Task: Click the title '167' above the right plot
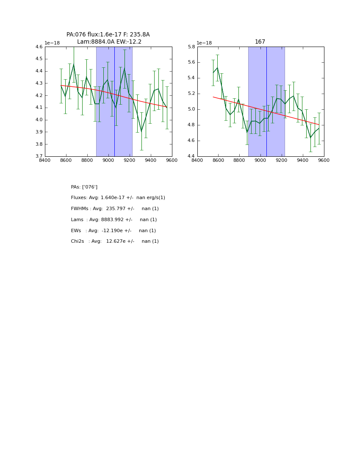click(260, 42)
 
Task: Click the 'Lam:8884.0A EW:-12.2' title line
click(109, 42)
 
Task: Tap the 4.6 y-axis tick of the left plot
click(39, 47)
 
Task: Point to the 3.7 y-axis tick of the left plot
click(39, 156)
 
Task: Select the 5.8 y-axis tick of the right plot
click(191, 47)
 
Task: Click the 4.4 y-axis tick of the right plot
click(191, 156)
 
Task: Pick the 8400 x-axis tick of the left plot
click(45, 160)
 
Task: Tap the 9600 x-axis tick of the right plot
click(324, 160)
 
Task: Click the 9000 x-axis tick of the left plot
click(108, 160)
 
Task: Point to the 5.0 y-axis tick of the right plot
click(191, 109)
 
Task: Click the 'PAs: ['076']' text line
click(84, 187)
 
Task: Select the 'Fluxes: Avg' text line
click(118, 198)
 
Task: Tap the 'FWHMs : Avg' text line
click(115, 209)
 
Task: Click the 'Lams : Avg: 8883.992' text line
click(114, 220)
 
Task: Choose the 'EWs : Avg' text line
click(114, 231)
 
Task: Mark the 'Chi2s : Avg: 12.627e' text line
click(115, 241)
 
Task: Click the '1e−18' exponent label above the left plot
click(52, 43)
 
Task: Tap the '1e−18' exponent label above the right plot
click(204, 43)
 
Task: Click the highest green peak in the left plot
click(74, 64)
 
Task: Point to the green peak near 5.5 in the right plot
click(217, 68)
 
